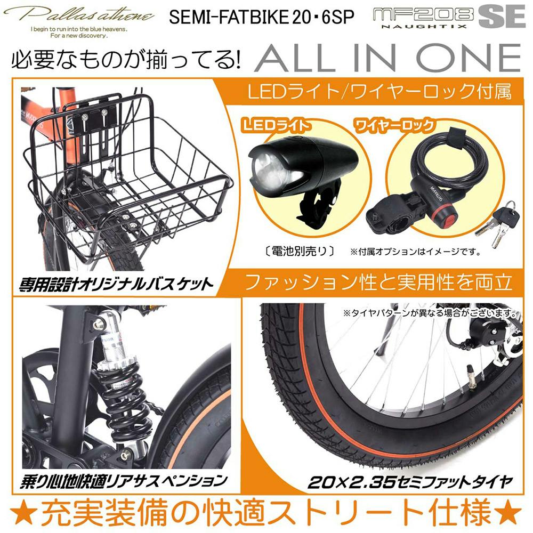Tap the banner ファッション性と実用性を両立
click(378, 281)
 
